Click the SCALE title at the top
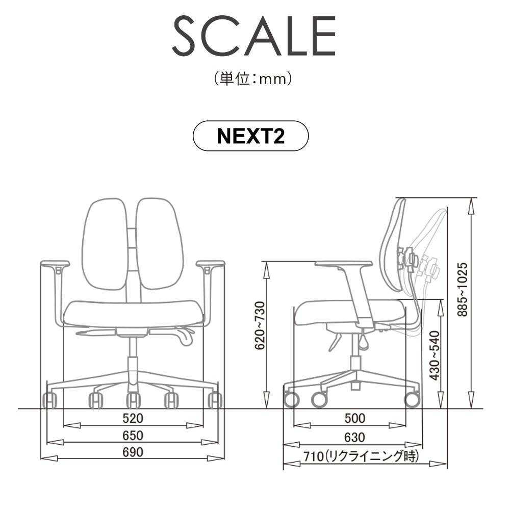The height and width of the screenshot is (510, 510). [x=254, y=36]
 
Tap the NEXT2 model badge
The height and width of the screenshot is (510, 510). [x=250, y=136]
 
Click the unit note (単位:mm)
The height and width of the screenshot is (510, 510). [x=253, y=79]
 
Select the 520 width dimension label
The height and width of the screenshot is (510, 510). [x=133, y=418]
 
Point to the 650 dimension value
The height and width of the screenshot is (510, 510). [x=133, y=436]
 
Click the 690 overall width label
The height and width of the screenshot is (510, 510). [x=133, y=452]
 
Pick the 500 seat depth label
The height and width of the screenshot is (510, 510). [x=355, y=418]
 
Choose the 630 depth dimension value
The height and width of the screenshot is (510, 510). [x=355, y=438]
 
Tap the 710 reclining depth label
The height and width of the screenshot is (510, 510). [x=361, y=456]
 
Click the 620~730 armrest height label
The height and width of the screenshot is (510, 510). [x=260, y=325]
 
